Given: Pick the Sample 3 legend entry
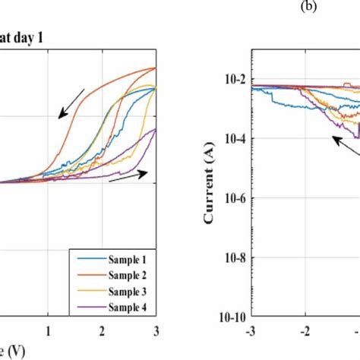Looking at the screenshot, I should tap(112, 290).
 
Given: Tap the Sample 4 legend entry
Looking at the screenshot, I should tap(112, 306).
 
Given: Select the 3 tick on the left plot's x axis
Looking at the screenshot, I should tap(155, 331).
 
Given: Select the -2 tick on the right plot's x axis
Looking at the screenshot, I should tap(305, 332).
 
